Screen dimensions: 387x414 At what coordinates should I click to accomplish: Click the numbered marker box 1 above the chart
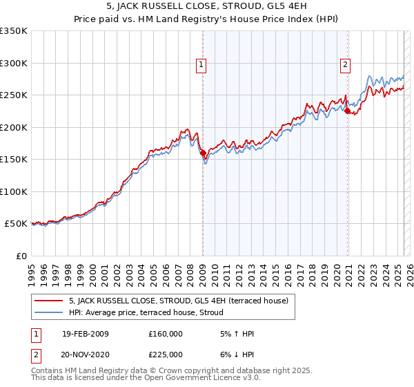[x=201, y=66]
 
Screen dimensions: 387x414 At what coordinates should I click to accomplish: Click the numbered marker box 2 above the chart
[x=345, y=66]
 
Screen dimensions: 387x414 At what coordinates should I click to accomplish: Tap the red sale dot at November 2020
[x=348, y=111]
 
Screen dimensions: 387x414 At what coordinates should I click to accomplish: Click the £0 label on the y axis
[x=21, y=256]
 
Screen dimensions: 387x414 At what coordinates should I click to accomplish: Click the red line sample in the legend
[x=48, y=301]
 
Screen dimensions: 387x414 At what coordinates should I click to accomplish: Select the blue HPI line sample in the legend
[x=48, y=312]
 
